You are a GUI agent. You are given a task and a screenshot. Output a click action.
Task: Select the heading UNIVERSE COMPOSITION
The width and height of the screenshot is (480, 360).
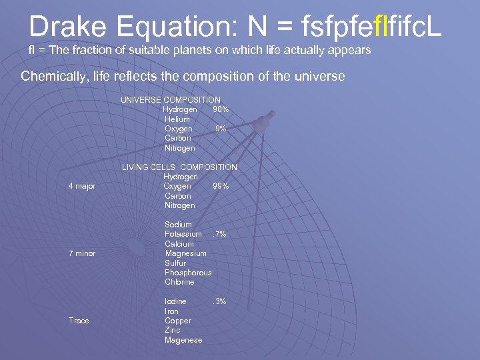pos(170,100)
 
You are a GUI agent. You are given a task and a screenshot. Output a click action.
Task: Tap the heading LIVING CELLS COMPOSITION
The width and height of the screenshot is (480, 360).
pos(179,167)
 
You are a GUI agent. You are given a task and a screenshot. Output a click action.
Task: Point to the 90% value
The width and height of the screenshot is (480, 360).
pos(221,109)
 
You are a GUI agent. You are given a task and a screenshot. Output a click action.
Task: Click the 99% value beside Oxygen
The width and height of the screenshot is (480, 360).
pos(221,187)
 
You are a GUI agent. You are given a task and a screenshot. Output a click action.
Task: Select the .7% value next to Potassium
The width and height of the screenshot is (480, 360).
pos(219,235)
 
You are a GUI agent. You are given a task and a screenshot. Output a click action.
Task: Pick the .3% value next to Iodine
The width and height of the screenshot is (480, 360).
pos(219,302)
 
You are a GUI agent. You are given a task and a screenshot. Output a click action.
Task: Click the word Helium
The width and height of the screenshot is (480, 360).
pos(177,119)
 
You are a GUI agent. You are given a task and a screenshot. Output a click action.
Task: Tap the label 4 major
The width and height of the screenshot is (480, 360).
pos(82,187)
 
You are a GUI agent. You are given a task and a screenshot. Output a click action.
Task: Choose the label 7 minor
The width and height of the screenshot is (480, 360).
pos(82,254)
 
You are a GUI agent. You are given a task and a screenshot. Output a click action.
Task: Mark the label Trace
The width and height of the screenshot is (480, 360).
pos(79,321)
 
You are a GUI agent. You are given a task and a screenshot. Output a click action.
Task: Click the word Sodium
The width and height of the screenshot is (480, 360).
pos(178,225)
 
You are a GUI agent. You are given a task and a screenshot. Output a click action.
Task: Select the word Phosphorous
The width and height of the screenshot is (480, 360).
pos(188,273)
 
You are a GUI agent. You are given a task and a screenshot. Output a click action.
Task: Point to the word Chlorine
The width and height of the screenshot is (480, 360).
pos(179,283)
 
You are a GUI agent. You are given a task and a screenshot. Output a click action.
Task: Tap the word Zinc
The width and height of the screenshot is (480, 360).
pos(172,331)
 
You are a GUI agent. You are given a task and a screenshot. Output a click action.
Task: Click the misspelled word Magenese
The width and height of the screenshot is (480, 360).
pos(183,341)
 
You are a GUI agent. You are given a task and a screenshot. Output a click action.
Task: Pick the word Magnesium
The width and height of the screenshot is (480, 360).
pos(185,254)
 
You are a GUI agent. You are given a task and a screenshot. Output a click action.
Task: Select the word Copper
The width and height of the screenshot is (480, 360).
pos(177,321)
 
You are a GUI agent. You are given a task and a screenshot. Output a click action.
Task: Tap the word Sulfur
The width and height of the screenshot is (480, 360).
pos(175,263)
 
